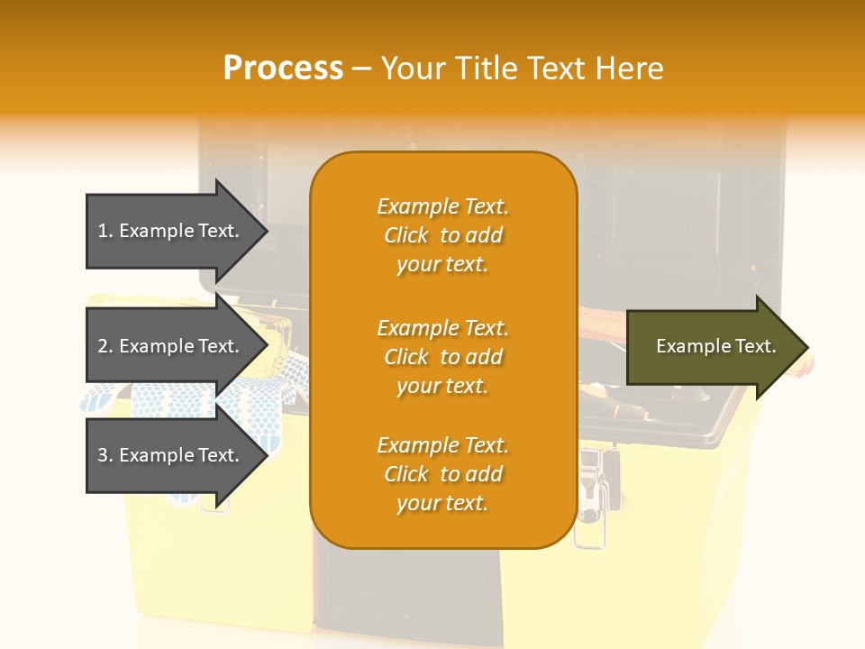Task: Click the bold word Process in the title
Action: (x=283, y=69)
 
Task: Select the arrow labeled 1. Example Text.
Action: (x=171, y=231)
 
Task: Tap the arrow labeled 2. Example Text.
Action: (x=171, y=346)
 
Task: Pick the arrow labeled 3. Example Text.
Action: (x=171, y=455)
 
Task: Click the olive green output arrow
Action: (x=712, y=347)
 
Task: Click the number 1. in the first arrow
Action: (x=105, y=231)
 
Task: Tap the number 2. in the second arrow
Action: (x=105, y=346)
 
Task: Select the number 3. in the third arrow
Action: (x=105, y=455)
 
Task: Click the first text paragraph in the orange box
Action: (x=442, y=235)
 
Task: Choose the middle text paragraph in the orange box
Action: (x=442, y=357)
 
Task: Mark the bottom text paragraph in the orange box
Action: (x=442, y=474)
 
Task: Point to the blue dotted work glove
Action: (x=252, y=397)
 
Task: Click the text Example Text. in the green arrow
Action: (x=715, y=346)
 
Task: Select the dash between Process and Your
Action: (x=362, y=69)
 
